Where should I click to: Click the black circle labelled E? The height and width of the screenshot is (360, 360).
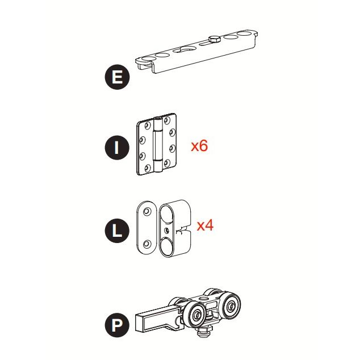click(117, 77)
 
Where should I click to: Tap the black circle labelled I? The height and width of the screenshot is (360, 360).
click(117, 148)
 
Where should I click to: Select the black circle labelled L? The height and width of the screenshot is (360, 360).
click(117, 231)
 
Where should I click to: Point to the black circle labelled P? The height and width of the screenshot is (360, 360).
click(117, 325)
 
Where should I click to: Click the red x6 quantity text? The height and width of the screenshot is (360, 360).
click(199, 145)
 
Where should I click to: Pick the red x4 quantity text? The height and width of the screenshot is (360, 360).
click(205, 225)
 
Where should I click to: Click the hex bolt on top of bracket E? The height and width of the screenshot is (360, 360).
click(215, 39)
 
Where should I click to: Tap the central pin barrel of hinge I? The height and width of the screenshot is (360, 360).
click(158, 144)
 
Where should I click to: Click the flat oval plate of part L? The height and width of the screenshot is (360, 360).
click(146, 228)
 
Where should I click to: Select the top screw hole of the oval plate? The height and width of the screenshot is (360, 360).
click(147, 211)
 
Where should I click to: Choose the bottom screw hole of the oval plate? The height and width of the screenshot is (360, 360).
click(147, 244)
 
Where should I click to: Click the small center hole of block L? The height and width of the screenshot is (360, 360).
click(167, 230)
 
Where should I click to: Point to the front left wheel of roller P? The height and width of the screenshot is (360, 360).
click(196, 315)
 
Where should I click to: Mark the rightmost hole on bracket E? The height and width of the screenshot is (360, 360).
click(245, 34)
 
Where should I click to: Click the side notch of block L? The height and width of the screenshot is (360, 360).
click(183, 230)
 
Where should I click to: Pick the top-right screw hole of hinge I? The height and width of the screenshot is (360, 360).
click(167, 119)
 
